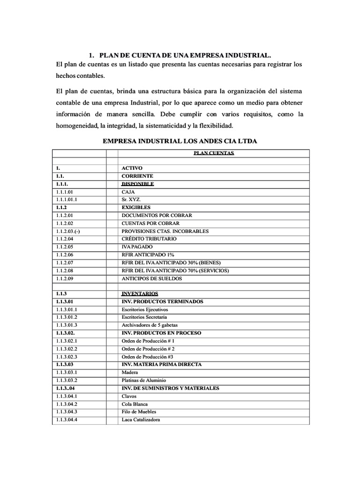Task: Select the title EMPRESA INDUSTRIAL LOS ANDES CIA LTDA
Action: coord(180,141)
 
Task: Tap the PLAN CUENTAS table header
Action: coord(213,153)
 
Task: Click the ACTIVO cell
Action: coord(132,168)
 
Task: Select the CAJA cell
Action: coord(128,191)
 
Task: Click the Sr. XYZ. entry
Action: coord(131,199)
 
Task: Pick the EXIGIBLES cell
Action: coord(135,207)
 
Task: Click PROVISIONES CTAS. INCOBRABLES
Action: coord(165,231)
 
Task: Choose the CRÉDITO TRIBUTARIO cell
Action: coord(149,239)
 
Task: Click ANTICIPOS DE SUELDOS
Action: coord(152,278)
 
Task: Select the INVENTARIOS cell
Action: coord(140,294)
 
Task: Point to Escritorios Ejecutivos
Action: coord(144,310)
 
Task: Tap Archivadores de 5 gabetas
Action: coord(150,325)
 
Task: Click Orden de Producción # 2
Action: coord(148,349)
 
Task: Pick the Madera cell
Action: coord(130,373)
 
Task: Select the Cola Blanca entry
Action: coord(135,404)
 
